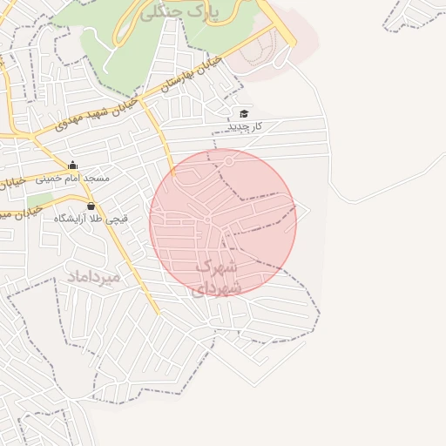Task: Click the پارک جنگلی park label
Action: [188, 11]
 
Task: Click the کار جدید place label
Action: [244, 127]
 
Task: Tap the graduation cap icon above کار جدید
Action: [244, 114]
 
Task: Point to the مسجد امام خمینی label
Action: [72, 178]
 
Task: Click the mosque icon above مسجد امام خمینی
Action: [72, 166]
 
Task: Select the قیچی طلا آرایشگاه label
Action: [91, 219]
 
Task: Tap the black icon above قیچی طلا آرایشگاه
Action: [91, 206]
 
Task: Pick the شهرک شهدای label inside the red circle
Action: [215, 277]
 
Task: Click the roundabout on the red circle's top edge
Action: [230, 160]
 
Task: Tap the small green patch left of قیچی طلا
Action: [37, 204]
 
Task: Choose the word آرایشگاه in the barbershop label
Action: [73, 219]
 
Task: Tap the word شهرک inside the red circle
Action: [217, 267]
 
